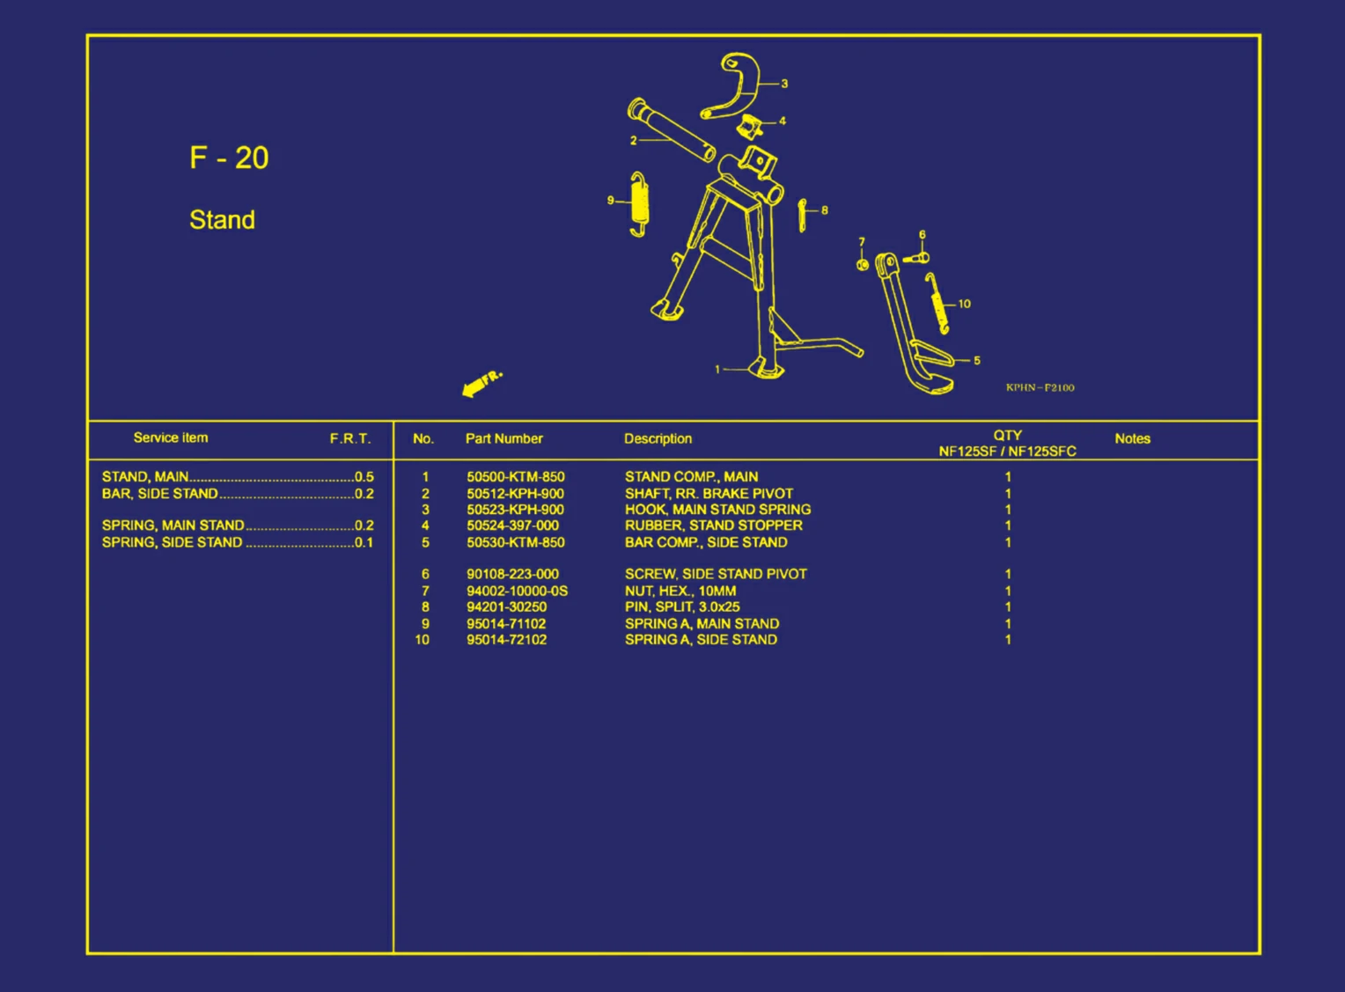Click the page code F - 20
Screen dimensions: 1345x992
[x=229, y=158]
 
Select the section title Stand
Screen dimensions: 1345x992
[x=222, y=220]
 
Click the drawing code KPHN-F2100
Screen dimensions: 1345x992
[x=1040, y=388]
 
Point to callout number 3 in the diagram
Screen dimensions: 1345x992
[x=784, y=84]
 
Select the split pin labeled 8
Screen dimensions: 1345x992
[x=802, y=215]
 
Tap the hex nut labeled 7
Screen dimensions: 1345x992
[x=863, y=264]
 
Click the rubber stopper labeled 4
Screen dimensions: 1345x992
[x=749, y=127]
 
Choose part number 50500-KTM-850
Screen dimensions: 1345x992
[x=516, y=477]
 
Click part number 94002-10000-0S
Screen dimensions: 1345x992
[x=517, y=591]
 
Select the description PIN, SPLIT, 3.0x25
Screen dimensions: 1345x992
[x=682, y=607]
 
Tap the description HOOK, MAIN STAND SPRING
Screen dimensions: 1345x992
[x=717, y=510]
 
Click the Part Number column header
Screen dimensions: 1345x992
[x=503, y=439]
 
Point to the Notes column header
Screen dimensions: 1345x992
[x=1133, y=439]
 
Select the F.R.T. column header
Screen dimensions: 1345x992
[x=350, y=439]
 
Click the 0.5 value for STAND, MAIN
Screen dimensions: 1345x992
[x=364, y=477]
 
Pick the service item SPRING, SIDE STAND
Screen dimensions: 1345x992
[x=173, y=543]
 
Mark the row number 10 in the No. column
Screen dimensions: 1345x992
[x=423, y=640]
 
